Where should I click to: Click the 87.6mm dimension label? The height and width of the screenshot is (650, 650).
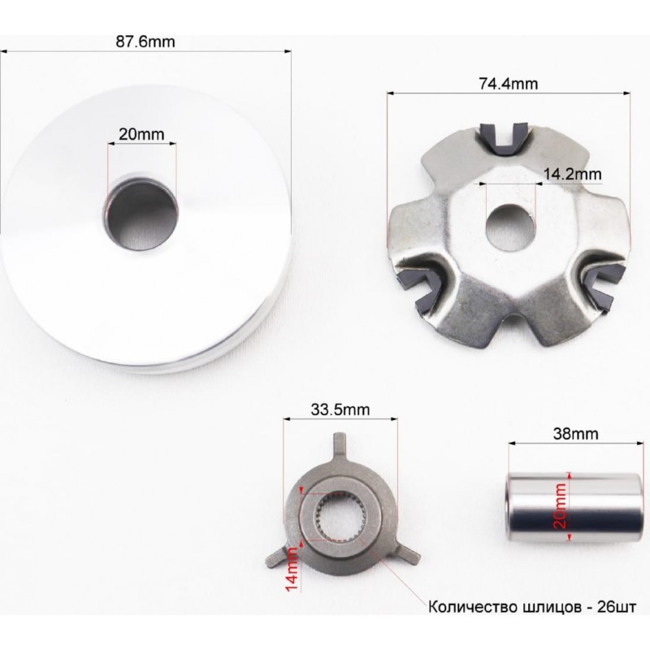(145, 42)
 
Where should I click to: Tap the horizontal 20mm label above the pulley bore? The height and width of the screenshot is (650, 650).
(141, 134)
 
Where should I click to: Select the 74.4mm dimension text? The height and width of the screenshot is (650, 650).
(509, 84)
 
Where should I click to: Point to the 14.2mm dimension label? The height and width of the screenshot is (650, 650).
(572, 174)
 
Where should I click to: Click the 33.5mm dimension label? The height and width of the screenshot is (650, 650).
(340, 409)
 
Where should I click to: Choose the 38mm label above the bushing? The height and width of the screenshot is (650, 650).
(575, 434)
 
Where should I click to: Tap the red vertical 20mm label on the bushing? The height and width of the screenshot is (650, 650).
(560, 505)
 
